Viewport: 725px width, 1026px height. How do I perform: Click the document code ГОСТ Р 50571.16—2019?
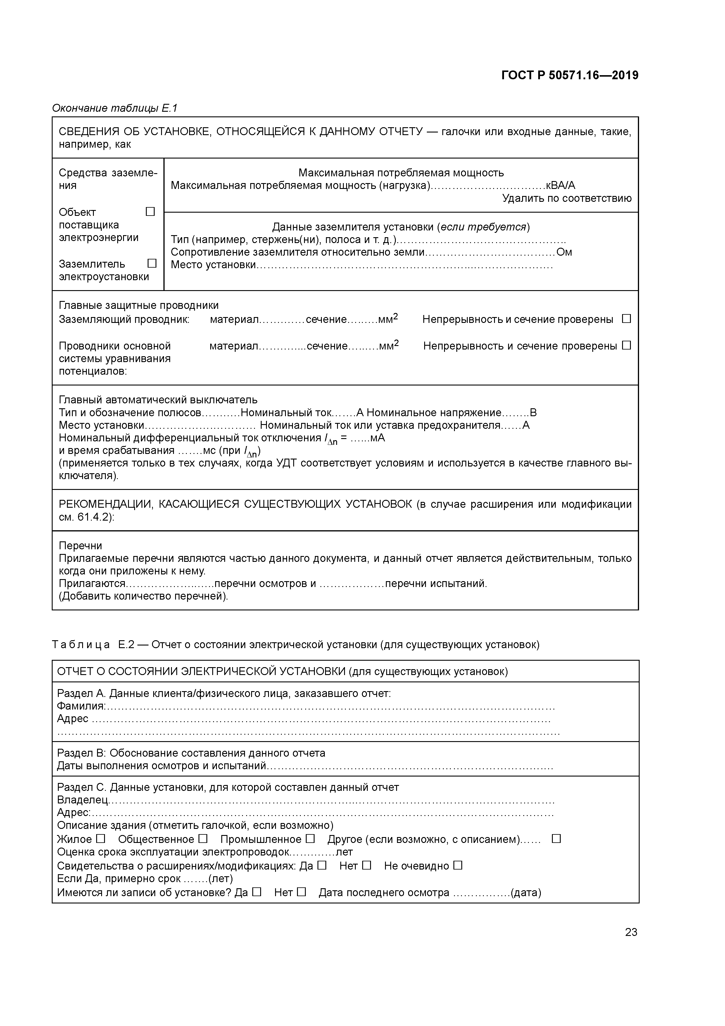(x=569, y=75)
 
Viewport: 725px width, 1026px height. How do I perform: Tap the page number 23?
(x=631, y=932)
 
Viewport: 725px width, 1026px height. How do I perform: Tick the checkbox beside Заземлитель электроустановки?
(x=152, y=263)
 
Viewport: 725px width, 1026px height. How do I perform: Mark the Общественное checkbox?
(x=203, y=839)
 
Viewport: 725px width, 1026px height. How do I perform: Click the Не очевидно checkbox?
(x=458, y=865)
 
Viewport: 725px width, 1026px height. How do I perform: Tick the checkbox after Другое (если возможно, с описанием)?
(x=556, y=839)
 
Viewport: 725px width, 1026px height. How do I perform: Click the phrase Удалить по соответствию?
(x=567, y=198)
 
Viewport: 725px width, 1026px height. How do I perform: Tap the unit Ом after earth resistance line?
(x=564, y=252)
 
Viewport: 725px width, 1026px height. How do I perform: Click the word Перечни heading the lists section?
(x=80, y=546)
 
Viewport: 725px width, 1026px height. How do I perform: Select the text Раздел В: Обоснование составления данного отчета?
(x=191, y=753)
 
